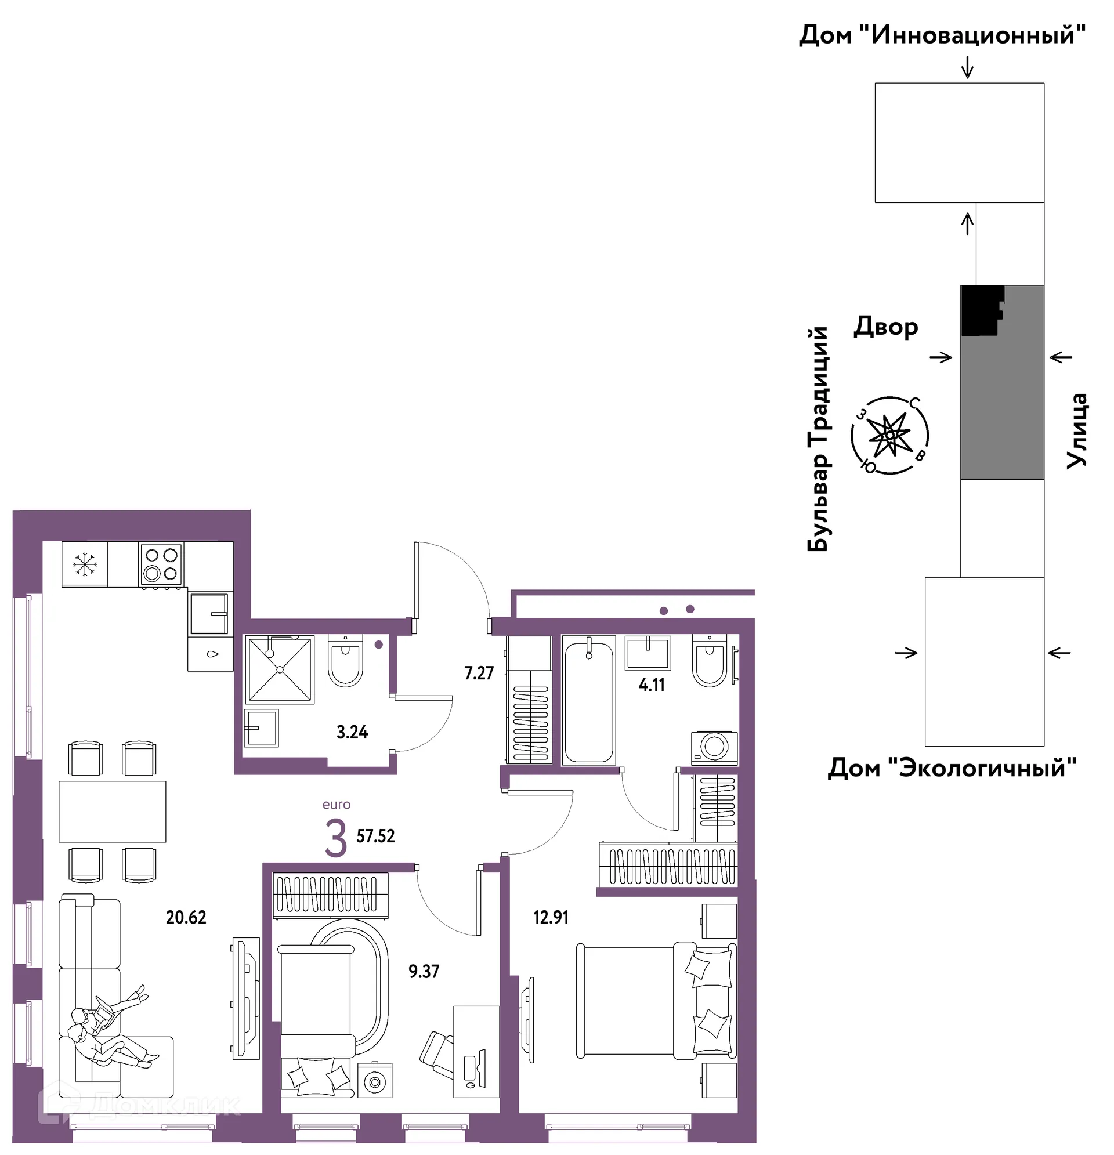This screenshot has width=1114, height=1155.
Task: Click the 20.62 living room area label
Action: pos(186,918)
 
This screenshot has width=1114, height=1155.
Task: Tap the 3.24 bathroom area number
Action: pos(352,733)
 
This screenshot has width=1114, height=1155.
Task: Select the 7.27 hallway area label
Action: pos(479,673)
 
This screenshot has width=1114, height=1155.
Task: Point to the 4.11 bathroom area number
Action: pos(652,685)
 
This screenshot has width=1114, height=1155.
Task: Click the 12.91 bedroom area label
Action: pos(551,918)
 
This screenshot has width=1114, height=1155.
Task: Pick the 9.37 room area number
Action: pos(424,971)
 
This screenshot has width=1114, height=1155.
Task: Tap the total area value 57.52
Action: pos(375,835)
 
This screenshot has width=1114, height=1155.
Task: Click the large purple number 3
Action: pos(336,839)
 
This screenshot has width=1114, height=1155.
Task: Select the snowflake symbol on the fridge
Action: pos(84,564)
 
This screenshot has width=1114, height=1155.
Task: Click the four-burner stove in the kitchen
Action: pos(161,564)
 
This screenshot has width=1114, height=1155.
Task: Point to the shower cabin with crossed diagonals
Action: pos(280,669)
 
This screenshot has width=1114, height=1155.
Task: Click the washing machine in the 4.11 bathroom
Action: pos(714,748)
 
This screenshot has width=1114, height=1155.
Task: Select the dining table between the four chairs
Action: pos(112,812)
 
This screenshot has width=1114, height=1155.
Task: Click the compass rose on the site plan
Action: pos(889,435)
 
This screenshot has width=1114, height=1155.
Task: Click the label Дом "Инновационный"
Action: pos(942,35)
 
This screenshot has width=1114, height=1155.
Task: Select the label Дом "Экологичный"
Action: pos(952,768)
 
